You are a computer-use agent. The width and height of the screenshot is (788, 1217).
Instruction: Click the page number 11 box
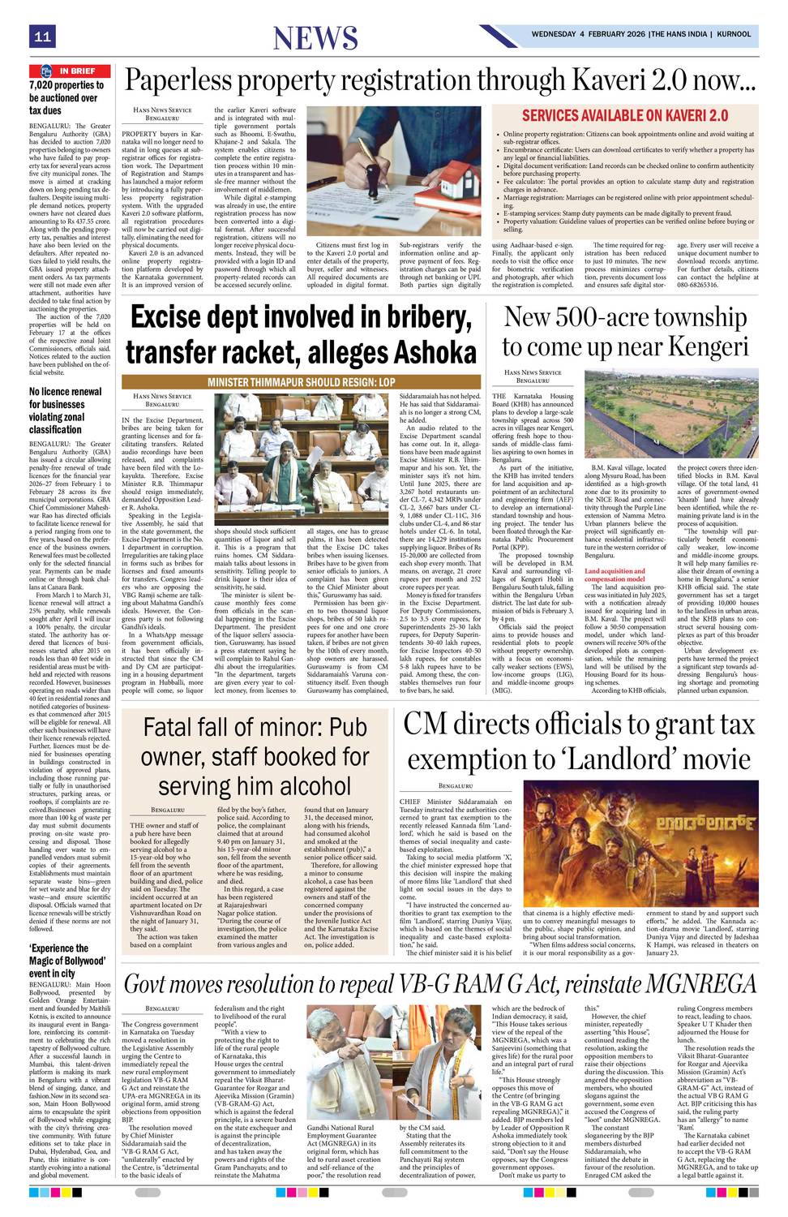(x=42, y=37)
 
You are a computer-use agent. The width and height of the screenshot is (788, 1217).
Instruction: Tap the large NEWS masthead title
(x=315, y=38)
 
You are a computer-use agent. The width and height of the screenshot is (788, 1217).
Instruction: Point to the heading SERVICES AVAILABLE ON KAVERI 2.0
(x=624, y=115)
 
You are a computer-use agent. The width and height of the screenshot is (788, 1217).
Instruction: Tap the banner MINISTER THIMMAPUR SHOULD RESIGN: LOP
(x=301, y=381)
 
